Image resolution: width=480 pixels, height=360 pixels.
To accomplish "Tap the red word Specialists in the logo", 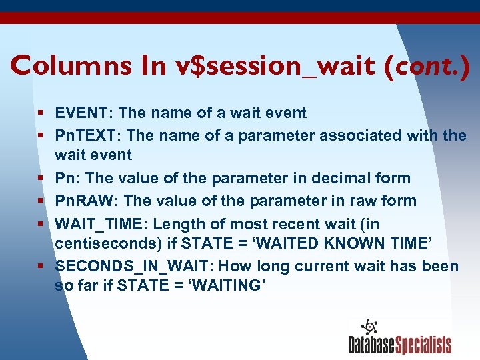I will click(424, 345).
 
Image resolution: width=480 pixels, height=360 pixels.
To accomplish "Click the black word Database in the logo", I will click(371, 345).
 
